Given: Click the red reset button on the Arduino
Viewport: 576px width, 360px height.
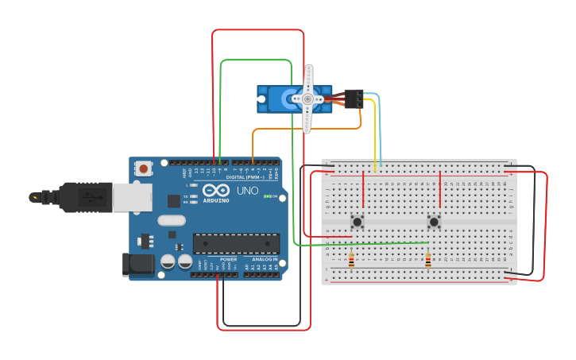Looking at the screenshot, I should pyautogui.click(x=144, y=168).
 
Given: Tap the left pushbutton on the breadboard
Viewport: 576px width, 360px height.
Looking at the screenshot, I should pyautogui.click(x=358, y=222).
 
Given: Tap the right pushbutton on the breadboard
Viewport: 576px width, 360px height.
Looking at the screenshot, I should pyautogui.click(x=434, y=222).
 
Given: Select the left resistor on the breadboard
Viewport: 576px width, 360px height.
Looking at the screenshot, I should pyautogui.click(x=351, y=260).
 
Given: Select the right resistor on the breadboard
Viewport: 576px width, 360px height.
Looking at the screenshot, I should pyautogui.click(x=428, y=260).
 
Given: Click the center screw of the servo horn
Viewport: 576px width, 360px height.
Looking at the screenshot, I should pyautogui.click(x=307, y=99).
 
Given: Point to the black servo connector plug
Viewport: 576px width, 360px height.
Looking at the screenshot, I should pyautogui.click(x=354, y=99).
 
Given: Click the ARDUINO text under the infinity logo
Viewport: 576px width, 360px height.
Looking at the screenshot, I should pyautogui.click(x=216, y=200).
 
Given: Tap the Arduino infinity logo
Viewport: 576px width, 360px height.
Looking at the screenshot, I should pyautogui.click(x=215, y=191).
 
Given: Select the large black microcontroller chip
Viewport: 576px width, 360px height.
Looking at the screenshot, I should pyautogui.click(x=236, y=243).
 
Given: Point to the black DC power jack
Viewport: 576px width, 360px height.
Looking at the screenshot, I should pyautogui.click(x=137, y=265).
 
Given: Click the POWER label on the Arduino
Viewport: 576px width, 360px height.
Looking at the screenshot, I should pyautogui.click(x=228, y=259).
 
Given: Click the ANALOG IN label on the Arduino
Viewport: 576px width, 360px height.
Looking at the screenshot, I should pyautogui.click(x=265, y=259).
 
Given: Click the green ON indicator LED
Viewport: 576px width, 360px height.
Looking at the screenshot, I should pyautogui.click(x=269, y=195).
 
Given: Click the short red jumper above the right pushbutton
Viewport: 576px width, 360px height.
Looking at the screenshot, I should pyautogui.click(x=439, y=189).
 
